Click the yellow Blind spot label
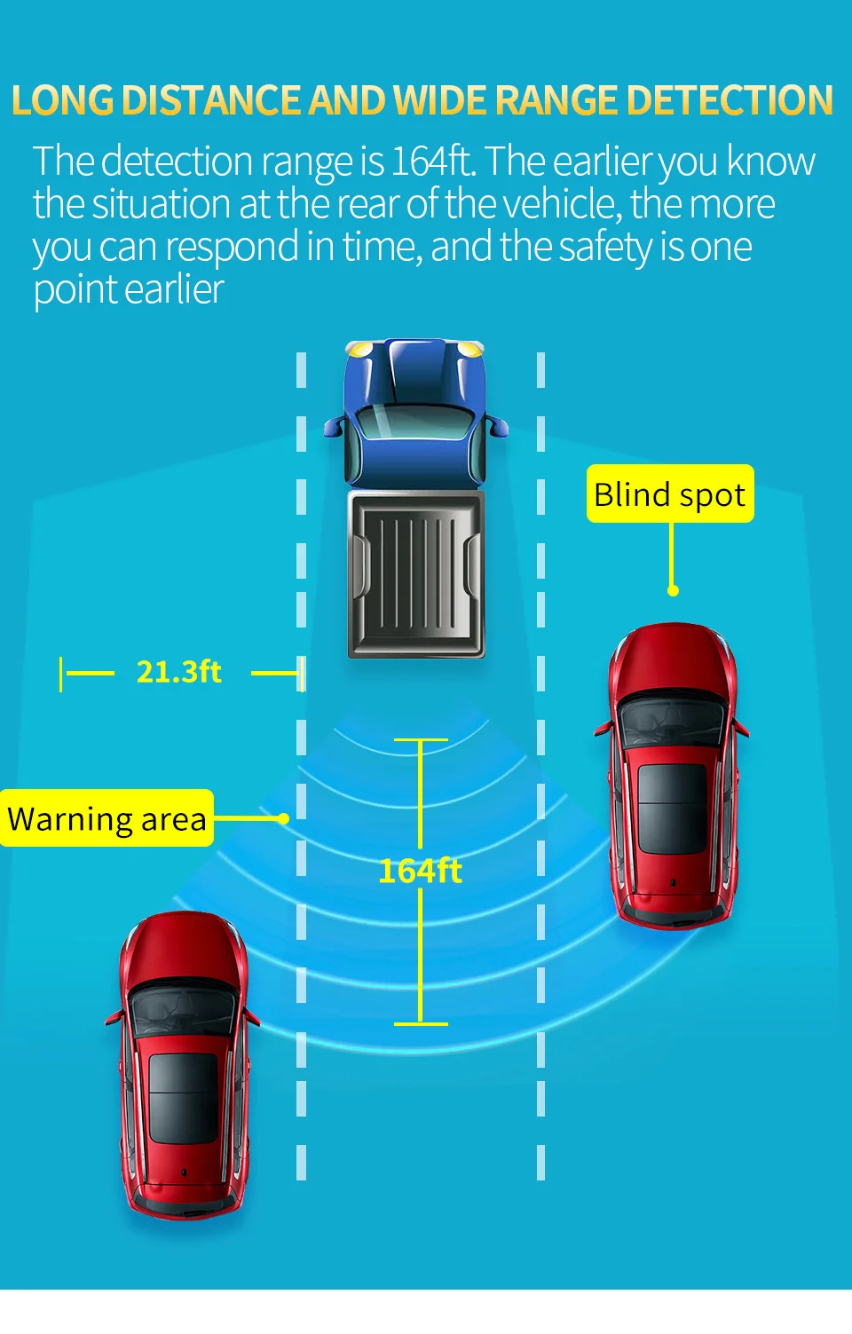pyautogui.click(x=670, y=494)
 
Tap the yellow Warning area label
pyautogui.click(x=106, y=818)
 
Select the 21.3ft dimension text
pyautogui.click(x=178, y=672)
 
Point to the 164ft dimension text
pyautogui.click(x=420, y=871)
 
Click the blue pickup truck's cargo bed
pyautogui.click(x=415, y=573)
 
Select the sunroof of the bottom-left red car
pyautogui.click(x=183, y=1097)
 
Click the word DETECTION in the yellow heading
pyautogui.click(x=730, y=100)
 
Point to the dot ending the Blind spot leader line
pyautogui.click(x=673, y=590)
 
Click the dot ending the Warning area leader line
pyautogui.click(x=284, y=818)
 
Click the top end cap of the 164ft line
pyautogui.click(x=420, y=739)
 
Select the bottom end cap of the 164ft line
pyautogui.click(x=420, y=1023)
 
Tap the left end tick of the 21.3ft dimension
pyautogui.click(x=61, y=674)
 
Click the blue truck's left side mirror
pyautogui.click(x=334, y=427)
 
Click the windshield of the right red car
pyautogui.click(x=672, y=719)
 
